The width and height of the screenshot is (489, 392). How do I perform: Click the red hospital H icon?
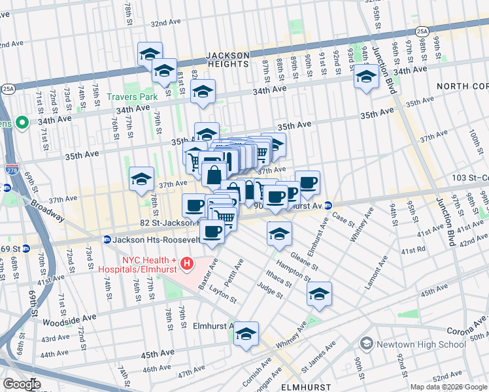coord(187,263)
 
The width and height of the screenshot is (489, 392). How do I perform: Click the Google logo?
coord(22,384)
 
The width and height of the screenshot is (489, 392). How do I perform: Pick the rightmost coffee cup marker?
coord(307,183)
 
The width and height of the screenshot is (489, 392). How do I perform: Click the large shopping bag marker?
coord(214,175)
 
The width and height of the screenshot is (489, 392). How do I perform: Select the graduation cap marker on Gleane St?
coord(279,234)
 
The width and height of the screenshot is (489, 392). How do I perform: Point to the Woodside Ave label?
coord(69,319)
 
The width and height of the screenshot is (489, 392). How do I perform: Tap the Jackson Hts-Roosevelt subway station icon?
coord(107,240)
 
